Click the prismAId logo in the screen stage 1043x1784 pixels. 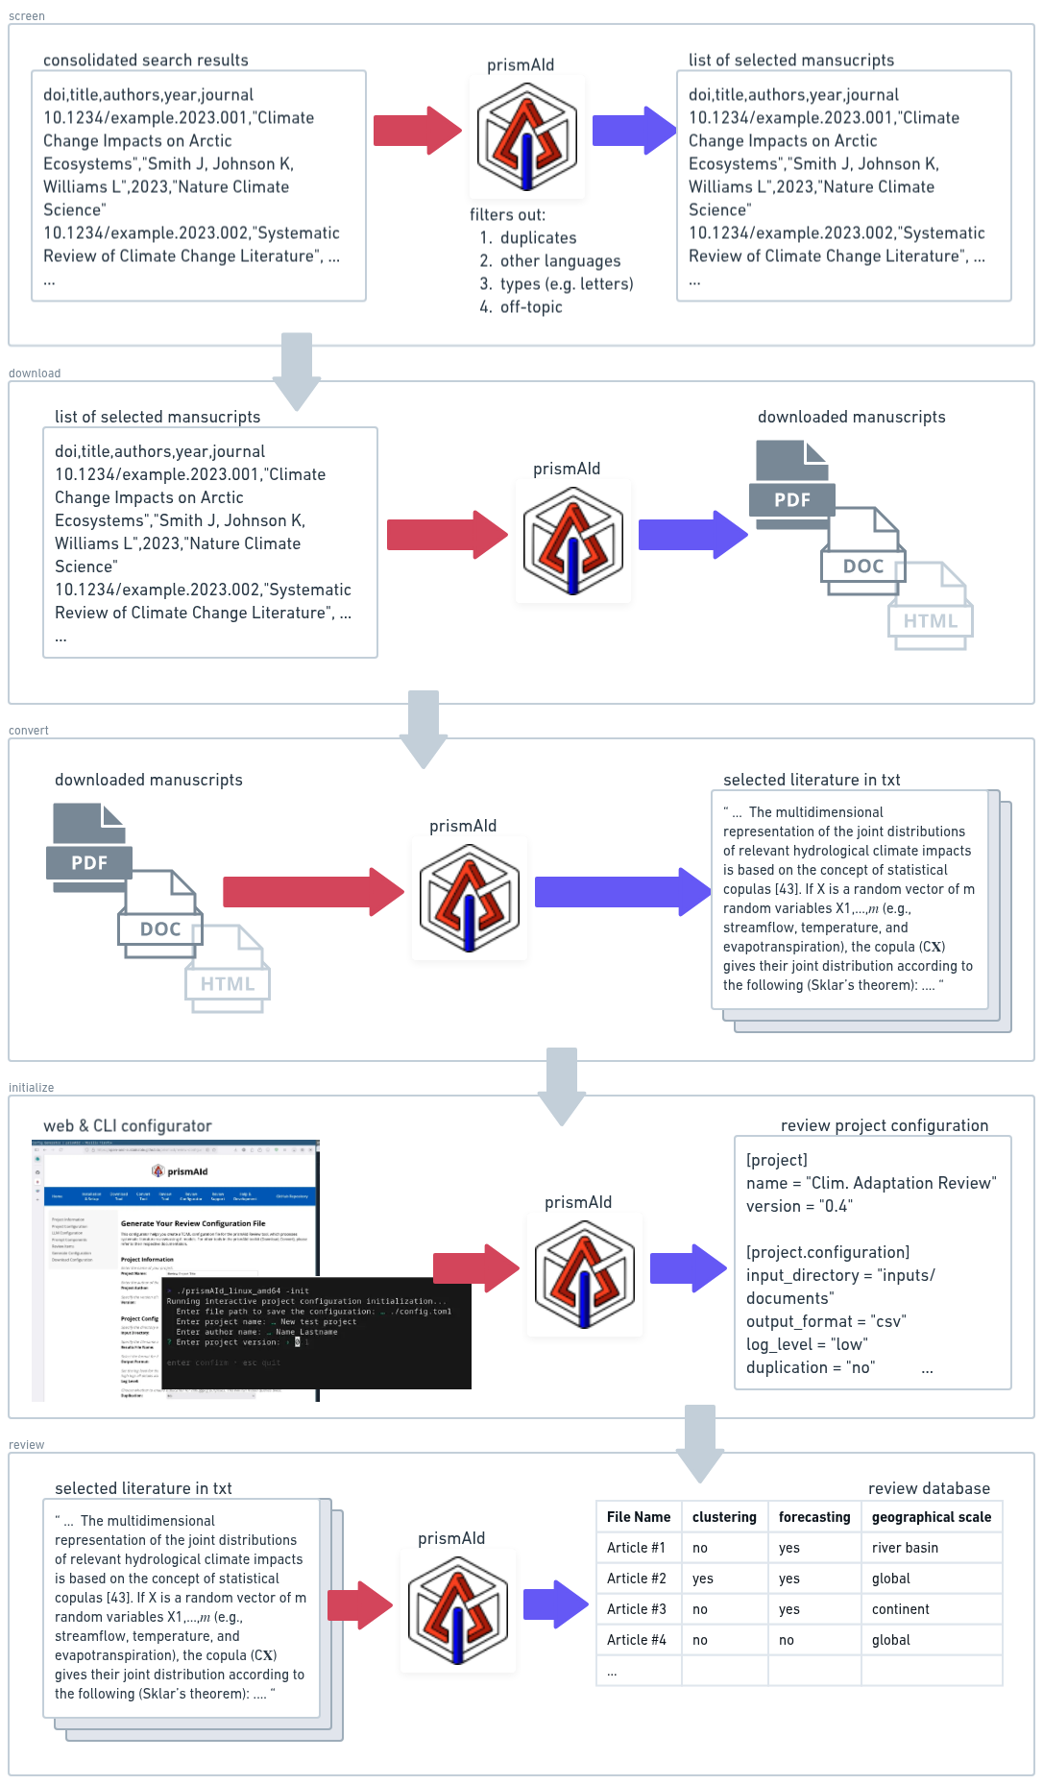(526, 136)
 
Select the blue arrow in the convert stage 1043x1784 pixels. (621, 892)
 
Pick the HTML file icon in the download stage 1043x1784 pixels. (931, 607)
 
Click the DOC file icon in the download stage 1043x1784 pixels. (862, 552)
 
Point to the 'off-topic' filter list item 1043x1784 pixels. (531, 307)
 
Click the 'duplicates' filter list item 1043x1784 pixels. (538, 238)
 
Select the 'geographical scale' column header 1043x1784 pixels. (931, 1517)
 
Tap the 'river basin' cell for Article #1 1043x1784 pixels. (905, 1548)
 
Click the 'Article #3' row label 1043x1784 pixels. (636, 1609)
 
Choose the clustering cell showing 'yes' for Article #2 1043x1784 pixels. (703, 1579)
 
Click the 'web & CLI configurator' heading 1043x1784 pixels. (127, 1126)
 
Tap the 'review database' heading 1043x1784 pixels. (928, 1488)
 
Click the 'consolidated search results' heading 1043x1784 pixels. (146, 60)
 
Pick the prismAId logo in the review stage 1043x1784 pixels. (457, 1610)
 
